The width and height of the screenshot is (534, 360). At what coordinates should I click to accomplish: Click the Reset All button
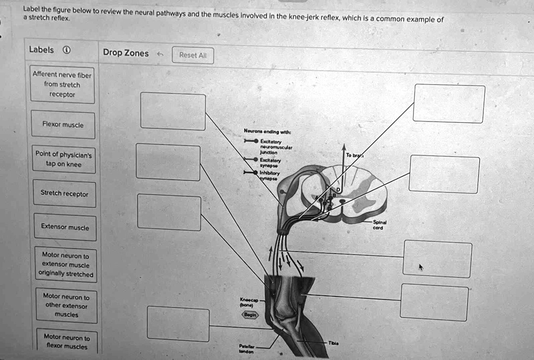[192, 55]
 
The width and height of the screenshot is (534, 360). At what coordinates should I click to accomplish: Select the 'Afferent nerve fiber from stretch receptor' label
[62, 85]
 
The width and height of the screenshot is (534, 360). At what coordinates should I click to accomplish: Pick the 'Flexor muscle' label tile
[63, 125]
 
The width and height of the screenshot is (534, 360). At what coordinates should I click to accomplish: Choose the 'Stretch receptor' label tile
[64, 194]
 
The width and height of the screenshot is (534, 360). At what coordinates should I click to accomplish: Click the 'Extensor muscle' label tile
[65, 227]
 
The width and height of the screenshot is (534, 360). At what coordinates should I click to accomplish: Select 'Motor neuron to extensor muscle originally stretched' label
[65, 265]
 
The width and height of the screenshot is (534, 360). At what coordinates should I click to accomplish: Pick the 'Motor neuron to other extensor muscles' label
[66, 305]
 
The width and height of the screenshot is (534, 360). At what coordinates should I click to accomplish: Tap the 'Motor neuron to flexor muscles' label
[66, 342]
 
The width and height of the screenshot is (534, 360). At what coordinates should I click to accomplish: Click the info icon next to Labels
[66, 51]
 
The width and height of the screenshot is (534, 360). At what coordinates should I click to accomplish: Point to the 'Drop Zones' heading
[126, 53]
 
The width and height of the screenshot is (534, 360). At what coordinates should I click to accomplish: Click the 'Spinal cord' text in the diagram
[379, 225]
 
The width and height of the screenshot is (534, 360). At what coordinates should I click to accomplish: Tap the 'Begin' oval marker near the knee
[248, 315]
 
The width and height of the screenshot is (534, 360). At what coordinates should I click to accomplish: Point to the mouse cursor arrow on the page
[421, 267]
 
